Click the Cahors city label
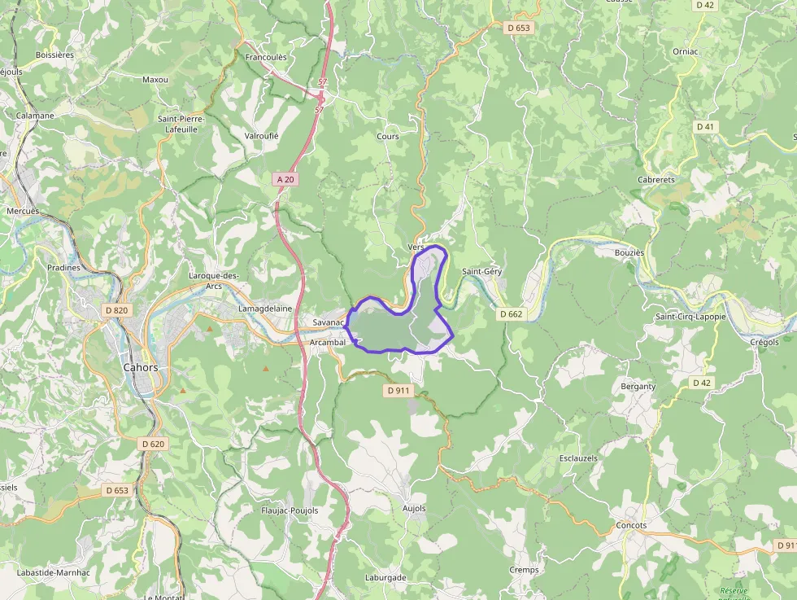pos(140,367)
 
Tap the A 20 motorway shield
pos(285,179)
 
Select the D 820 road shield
pos(117,310)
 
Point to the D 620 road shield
pos(152,444)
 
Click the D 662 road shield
pos(511,313)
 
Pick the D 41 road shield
pos(705,127)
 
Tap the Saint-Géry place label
pos(481,271)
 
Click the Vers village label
pos(416,247)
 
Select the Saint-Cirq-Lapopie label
pos(690,317)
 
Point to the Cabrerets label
pos(656,179)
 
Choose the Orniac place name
pos(685,51)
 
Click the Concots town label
pos(631,525)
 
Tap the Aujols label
pos(414,509)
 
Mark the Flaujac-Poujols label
pos(290,510)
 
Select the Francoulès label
pos(265,58)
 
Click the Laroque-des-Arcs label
pos(213,280)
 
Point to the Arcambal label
pos(328,343)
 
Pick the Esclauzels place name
pos(578,458)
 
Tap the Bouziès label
pos(629,252)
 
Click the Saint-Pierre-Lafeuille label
pos(182,124)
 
